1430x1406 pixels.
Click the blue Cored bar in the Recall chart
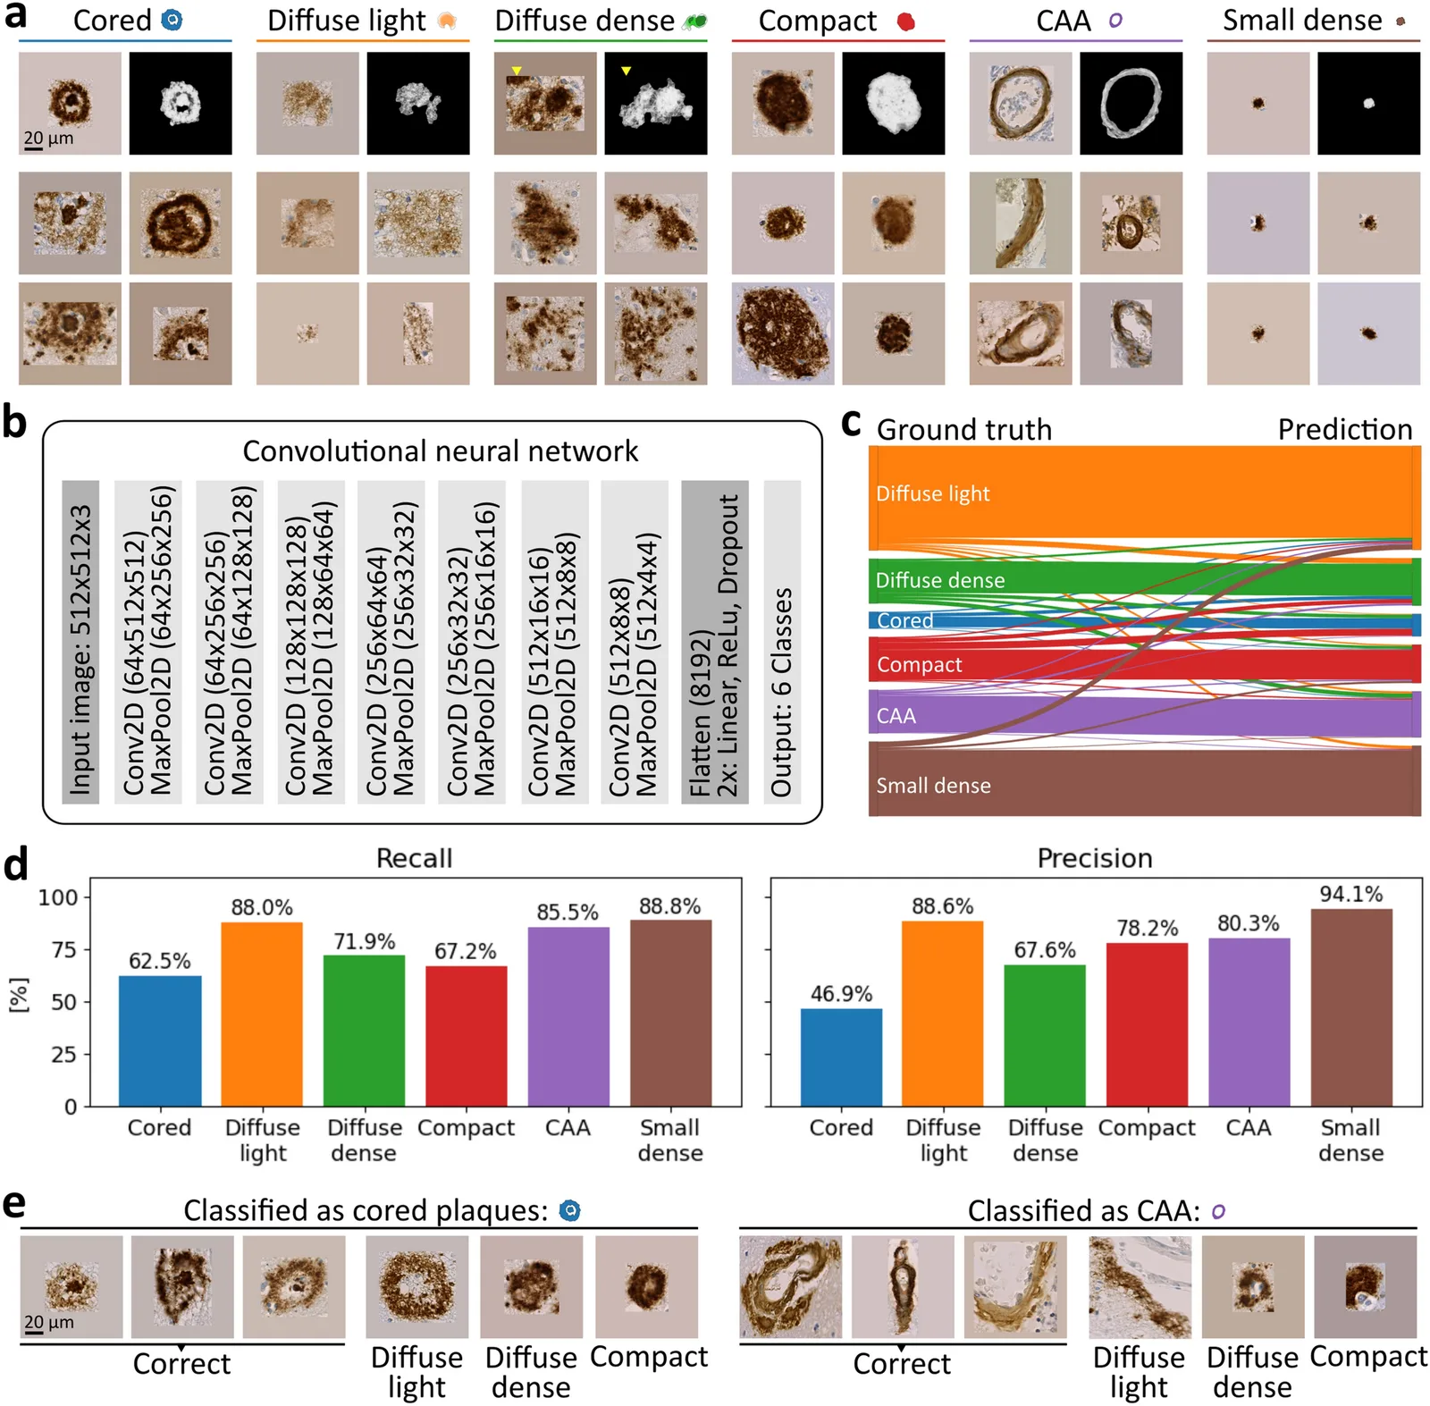(160, 1040)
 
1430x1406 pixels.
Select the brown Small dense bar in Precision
(1351, 1007)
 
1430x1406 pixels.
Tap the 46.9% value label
(841, 994)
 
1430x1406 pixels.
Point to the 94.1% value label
(1351, 894)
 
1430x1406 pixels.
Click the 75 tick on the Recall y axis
(64, 949)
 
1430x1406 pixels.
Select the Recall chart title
(414, 858)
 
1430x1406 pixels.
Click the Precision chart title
(1095, 858)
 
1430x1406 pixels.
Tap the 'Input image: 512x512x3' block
(80, 642)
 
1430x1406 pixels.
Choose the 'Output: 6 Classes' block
(782, 642)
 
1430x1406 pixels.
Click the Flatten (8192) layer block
(715, 642)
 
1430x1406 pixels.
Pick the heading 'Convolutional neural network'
(441, 451)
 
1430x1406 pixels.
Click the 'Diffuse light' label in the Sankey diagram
(933, 493)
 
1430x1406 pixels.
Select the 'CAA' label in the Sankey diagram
(896, 716)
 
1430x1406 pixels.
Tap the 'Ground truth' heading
(964, 429)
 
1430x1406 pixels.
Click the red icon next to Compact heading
(906, 21)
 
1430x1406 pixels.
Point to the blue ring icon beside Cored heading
(172, 20)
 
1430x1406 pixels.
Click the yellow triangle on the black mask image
(627, 71)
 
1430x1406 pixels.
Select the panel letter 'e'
(14, 1204)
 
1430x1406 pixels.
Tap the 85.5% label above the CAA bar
(568, 913)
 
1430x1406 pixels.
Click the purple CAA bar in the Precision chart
(1249, 1023)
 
